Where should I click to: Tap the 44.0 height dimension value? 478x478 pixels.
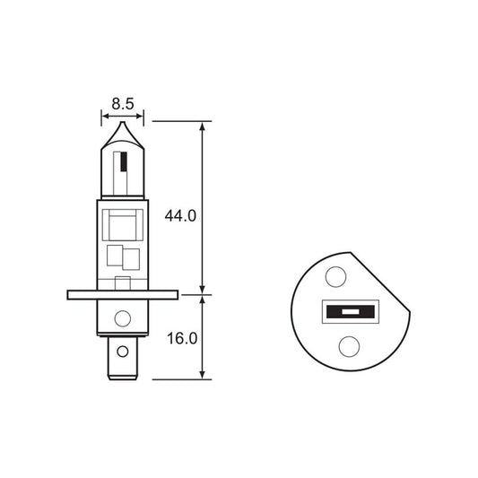coord(180,216)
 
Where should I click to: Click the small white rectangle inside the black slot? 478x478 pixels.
coord(346,313)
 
